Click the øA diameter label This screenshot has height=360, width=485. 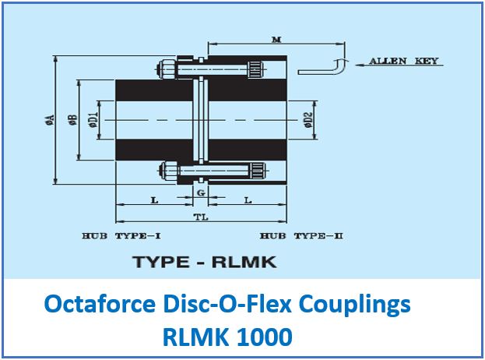coord(49,120)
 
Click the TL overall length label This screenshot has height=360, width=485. coord(200,218)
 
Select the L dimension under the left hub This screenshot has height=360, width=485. coord(155,201)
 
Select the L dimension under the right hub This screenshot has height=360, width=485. coord(248,201)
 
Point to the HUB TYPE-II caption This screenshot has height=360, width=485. coord(301,235)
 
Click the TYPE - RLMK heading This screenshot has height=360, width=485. coord(205,262)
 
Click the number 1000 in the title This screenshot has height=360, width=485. coord(267,337)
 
